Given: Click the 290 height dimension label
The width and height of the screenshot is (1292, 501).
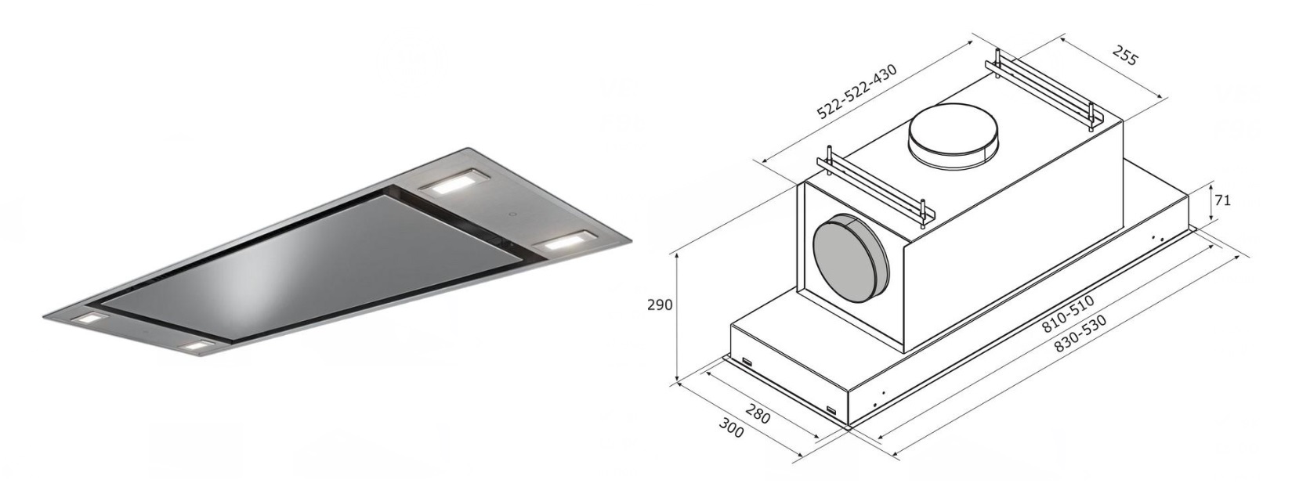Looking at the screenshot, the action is point(659,305).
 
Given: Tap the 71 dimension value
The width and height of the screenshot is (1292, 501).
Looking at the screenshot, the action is point(1222,200).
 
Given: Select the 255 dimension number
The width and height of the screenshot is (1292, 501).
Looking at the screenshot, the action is point(1125,56).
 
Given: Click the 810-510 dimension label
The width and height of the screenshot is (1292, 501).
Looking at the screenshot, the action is point(1068,314).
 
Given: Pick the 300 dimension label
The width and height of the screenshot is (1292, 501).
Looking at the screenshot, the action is point(731,427).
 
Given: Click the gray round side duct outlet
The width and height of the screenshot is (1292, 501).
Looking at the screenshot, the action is point(851,254).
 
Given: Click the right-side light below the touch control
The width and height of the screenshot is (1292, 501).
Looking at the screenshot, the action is point(563,241).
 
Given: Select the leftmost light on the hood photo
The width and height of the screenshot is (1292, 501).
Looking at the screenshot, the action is point(89,319).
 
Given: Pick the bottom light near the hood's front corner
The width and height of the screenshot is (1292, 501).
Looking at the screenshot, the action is point(197,346).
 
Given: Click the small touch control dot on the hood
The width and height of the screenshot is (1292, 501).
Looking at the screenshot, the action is point(511,214).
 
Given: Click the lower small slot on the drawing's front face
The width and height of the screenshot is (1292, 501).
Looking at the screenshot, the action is point(831,410).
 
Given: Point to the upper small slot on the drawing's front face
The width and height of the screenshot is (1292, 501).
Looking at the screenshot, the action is point(747,362).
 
